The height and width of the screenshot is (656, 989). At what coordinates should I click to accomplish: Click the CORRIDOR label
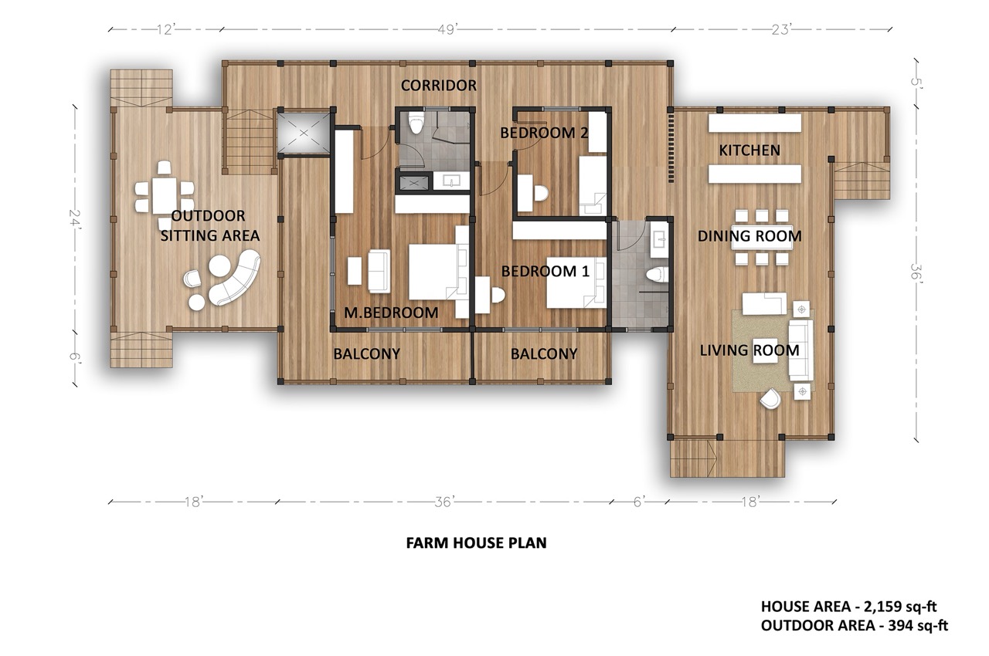click(438, 86)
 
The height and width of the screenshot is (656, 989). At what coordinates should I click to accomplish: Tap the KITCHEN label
click(749, 150)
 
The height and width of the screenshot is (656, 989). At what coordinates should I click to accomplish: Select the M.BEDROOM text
click(391, 313)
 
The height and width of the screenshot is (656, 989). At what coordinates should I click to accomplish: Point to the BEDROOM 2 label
click(544, 132)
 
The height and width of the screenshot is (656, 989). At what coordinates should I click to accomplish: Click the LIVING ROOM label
click(749, 350)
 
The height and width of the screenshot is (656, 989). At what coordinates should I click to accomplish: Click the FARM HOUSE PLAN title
click(477, 543)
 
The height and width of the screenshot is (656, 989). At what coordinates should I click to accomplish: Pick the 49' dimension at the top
click(447, 29)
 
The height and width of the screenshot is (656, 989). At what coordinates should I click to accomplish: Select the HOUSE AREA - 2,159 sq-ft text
click(848, 607)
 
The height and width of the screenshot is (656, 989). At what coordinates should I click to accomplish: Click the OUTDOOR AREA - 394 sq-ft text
click(855, 626)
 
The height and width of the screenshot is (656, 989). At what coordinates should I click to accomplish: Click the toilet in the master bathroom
click(416, 122)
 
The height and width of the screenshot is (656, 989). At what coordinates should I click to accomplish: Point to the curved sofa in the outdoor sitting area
click(235, 277)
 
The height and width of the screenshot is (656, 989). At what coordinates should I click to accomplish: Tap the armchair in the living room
click(770, 398)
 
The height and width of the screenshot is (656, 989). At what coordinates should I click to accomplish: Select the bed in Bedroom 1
click(576, 282)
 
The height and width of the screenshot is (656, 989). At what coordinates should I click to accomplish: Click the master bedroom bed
click(438, 272)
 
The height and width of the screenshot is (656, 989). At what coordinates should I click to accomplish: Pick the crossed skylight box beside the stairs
click(304, 133)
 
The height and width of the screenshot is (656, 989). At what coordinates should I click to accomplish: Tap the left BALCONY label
click(366, 354)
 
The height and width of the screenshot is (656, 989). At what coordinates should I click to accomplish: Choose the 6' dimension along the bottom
click(639, 502)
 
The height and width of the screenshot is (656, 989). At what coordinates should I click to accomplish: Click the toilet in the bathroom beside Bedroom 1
click(658, 274)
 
